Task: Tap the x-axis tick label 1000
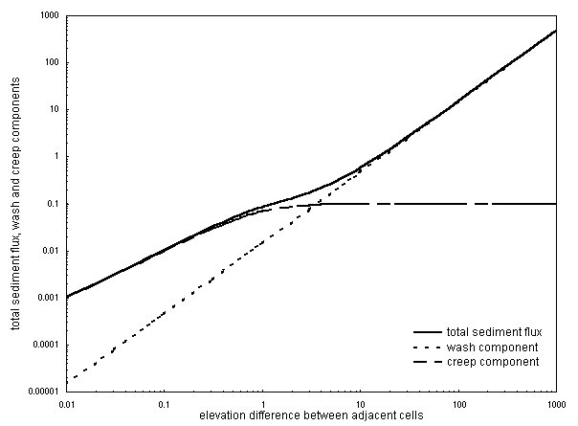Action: pos(556,404)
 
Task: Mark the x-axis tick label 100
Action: pos(458,404)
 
